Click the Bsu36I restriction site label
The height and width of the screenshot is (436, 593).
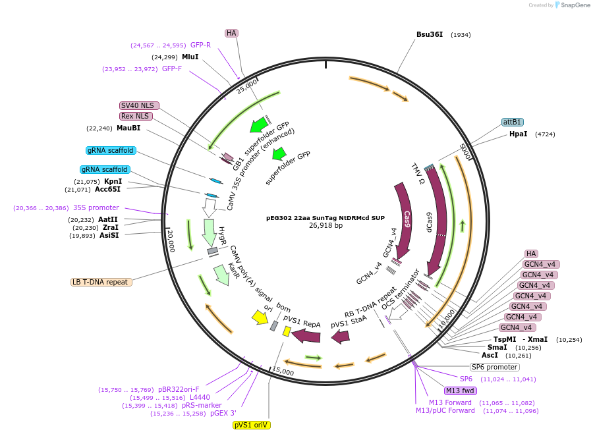[x=429, y=34]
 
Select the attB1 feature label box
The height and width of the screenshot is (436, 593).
[x=513, y=122]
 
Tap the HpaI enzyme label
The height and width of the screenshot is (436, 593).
[x=518, y=134]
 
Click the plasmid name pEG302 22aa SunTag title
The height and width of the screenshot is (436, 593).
[x=325, y=217]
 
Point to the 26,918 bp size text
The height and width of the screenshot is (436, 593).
[x=325, y=225]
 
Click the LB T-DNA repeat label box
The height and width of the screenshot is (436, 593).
[x=101, y=282]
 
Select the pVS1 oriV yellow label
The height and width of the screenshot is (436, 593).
[x=252, y=425]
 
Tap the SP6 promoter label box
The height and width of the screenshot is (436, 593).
[x=494, y=367]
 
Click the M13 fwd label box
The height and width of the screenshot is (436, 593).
[x=461, y=391]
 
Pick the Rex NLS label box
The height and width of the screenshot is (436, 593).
[x=136, y=116]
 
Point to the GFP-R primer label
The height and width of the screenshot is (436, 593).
[x=200, y=45]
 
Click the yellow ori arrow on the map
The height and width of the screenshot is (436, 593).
[x=260, y=317]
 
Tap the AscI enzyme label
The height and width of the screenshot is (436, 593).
[x=490, y=355]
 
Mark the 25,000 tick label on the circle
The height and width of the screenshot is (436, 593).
[x=248, y=86]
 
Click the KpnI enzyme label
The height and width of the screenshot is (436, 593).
[x=113, y=181]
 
